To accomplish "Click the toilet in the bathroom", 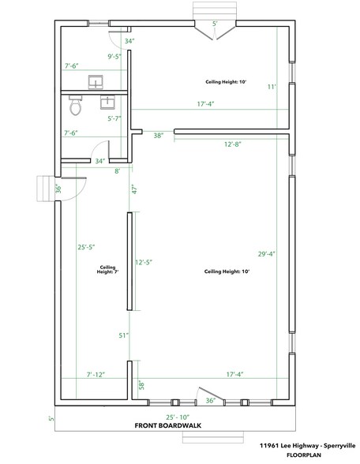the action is (76, 105).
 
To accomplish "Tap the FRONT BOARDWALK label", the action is (168, 425).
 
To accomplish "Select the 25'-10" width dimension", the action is (178, 417).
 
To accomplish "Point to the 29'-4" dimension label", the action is (267, 254).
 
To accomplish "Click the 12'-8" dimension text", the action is (233, 144).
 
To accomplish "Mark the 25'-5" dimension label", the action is (87, 247).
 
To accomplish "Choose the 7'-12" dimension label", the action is (96, 375).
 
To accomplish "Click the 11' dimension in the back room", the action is (272, 87).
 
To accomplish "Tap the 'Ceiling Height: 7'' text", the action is (107, 270).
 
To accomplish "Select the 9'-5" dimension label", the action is (114, 56).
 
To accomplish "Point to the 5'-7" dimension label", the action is (114, 118).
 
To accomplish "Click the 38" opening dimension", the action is (159, 136).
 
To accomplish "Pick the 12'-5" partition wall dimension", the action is (144, 262).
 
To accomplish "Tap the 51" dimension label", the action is (124, 335).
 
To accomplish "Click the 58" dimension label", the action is (141, 385).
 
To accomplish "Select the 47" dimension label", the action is (135, 189).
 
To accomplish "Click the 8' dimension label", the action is (118, 171).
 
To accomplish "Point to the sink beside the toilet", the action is (107, 102).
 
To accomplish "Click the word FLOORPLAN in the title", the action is (304, 455).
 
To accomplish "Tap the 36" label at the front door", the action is (210, 401).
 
